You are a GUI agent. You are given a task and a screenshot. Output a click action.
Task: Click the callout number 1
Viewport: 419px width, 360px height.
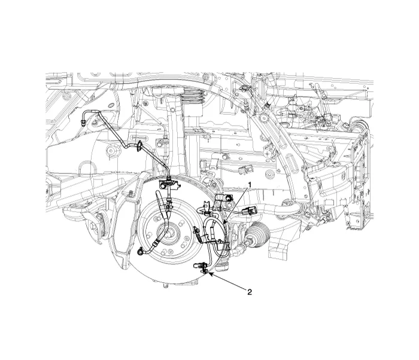coord(250,185)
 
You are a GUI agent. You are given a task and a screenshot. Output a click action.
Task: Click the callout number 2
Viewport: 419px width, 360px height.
coord(250,292)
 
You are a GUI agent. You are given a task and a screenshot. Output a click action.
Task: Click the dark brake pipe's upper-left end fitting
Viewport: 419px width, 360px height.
coord(83,123)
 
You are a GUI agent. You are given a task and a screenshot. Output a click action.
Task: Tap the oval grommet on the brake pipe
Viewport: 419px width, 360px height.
coord(139,147)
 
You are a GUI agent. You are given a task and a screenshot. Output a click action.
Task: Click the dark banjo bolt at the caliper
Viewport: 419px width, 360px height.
coord(139,252)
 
